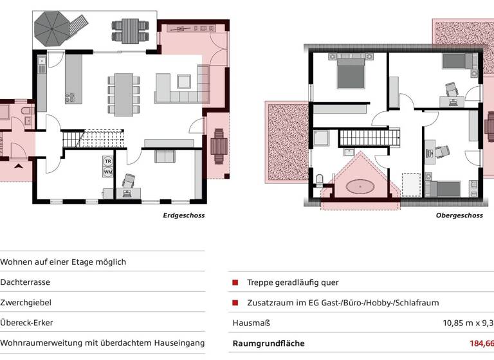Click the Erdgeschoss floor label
pos(183,215)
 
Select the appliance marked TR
pos(107,161)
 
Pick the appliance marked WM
pos(107,172)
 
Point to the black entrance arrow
pos(18,165)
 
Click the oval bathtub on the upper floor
pos(360,187)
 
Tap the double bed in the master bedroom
pos(351,72)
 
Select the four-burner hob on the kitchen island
pos(69,98)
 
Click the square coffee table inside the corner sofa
pos(184,82)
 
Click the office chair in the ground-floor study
pos(128,181)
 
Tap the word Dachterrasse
pos(25,282)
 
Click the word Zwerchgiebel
pos(26,302)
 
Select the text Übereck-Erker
pos(27,323)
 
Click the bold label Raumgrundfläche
pos(268,343)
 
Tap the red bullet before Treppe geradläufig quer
pos(235,282)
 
